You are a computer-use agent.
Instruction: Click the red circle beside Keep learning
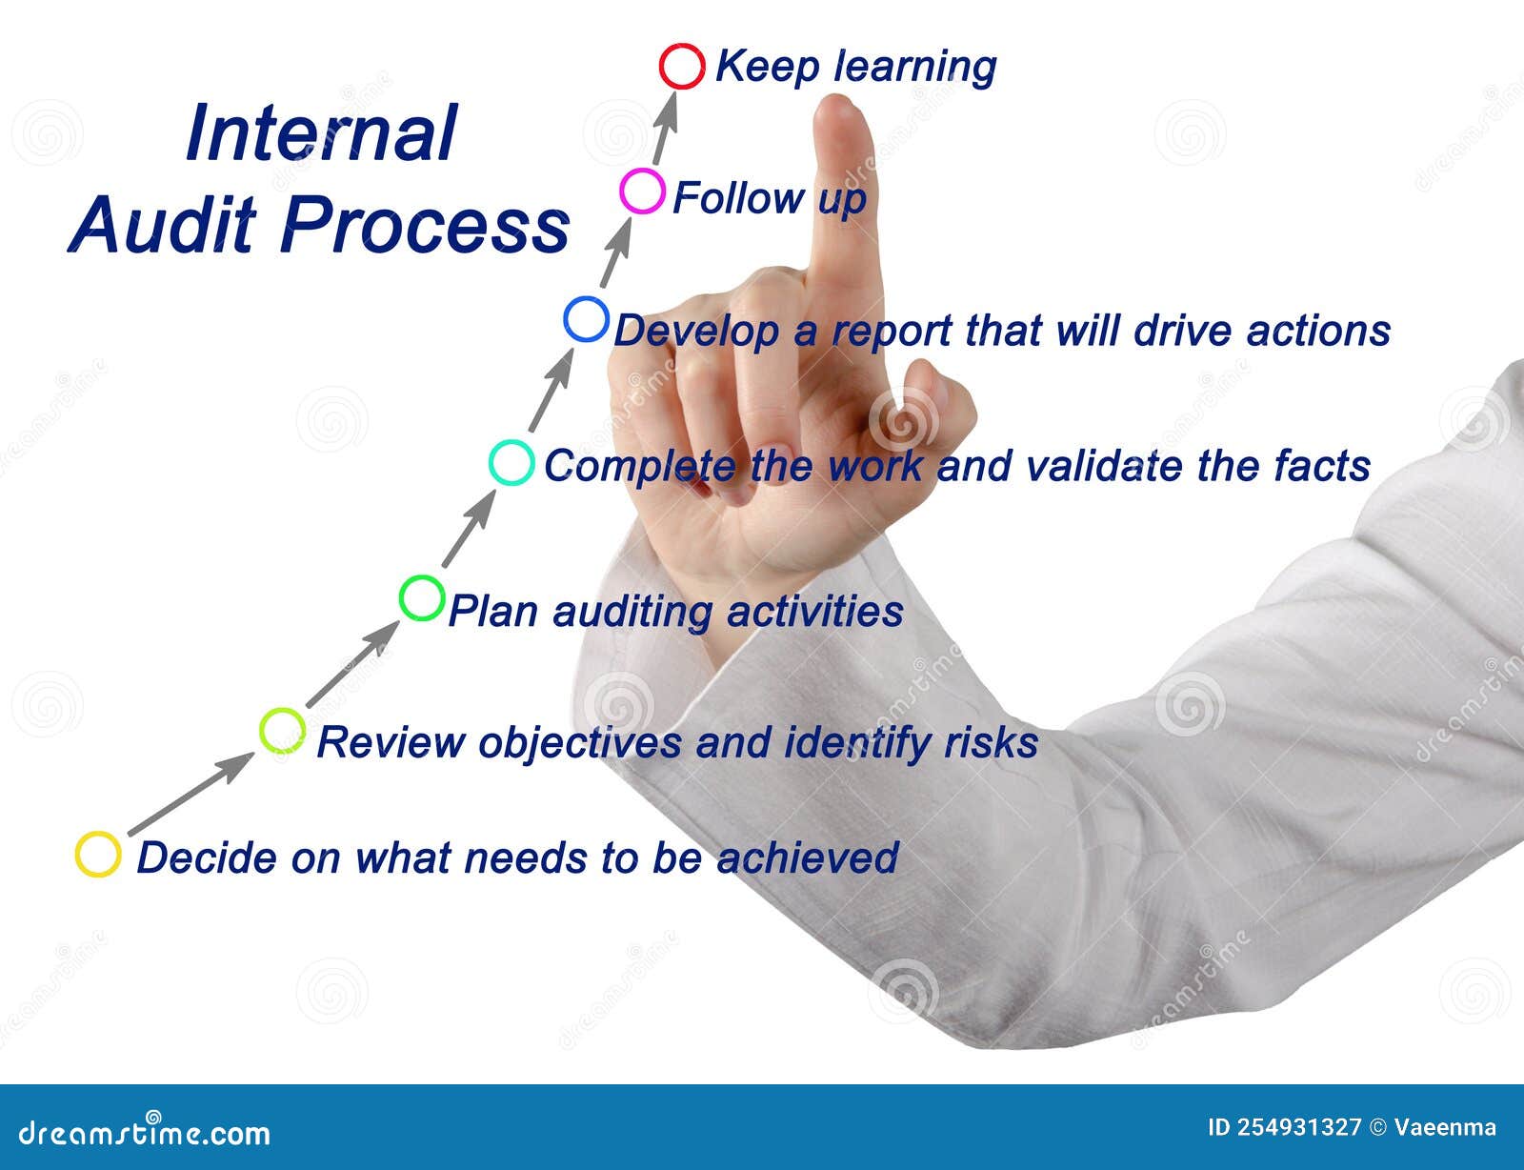(682, 67)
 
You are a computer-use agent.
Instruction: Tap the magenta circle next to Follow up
(642, 191)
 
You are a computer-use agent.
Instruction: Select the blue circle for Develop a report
(586, 319)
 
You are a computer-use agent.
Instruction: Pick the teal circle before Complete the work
(511, 463)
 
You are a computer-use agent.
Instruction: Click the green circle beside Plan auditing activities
(422, 598)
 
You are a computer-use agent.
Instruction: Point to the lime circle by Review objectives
(283, 731)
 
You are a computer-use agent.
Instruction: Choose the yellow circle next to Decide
(98, 854)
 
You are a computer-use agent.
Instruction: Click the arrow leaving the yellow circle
(190, 795)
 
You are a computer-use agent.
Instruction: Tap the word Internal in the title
(322, 133)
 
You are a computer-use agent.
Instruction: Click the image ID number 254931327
(1299, 1128)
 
